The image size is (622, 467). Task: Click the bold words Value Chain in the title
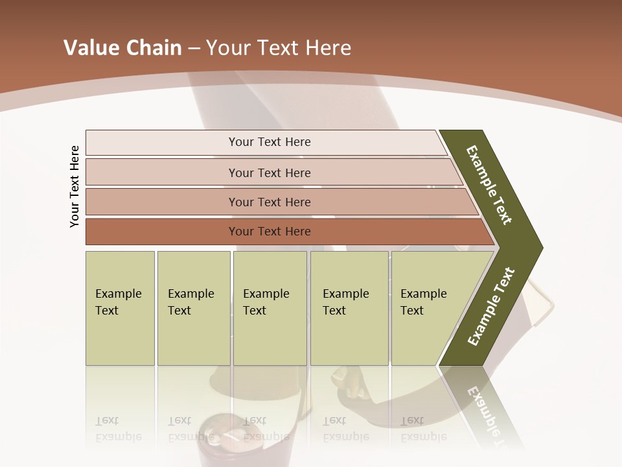pyautogui.click(x=122, y=48)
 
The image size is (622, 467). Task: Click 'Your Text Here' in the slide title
pyautogui.click(x=279, y=48)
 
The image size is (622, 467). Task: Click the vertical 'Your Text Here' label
pyautogui.click(x=75, y=186)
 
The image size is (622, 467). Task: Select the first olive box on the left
pyautogui.click(x=120, y=308)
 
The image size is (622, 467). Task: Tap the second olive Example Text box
pyautogui.click(x=193, y=308)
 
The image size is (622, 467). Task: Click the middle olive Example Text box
pyautogui.click(x=270, y=308)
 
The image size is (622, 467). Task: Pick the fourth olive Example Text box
pyautogui.click(x=349, y=308)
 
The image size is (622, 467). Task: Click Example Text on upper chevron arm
pyautogui.click(x=489, y=185)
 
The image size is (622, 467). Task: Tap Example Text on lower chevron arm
pyautogui.click(x=491, y=307)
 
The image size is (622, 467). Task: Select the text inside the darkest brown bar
pyautogui.click(x=270, y=232)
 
